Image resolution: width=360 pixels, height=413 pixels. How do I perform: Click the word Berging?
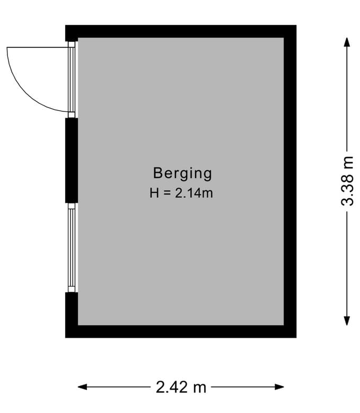182,173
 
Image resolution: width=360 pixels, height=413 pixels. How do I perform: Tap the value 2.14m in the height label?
194,194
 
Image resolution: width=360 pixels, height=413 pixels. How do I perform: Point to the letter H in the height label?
154,194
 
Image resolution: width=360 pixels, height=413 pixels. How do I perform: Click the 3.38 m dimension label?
347,181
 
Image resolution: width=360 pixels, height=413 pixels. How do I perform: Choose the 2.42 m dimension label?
181,388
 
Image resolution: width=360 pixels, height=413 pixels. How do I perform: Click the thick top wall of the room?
180,31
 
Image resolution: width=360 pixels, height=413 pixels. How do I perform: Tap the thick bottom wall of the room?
180,331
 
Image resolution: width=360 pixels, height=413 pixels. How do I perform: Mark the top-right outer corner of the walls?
295,26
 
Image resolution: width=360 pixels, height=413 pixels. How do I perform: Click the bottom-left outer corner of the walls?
66,337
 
